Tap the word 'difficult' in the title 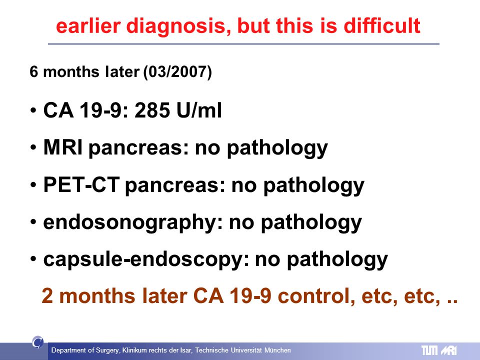382,25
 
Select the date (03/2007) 177,72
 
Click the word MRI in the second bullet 63,147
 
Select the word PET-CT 81,184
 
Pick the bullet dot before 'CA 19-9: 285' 33,110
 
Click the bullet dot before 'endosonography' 33,222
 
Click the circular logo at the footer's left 37,342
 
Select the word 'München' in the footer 277,350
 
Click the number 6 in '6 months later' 33,72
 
